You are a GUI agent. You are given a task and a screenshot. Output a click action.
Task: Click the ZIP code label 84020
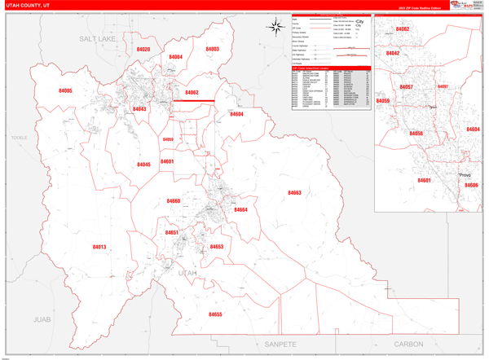click(x=143, y=50)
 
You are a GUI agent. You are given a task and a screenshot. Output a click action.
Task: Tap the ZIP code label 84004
click(x=176, y=57)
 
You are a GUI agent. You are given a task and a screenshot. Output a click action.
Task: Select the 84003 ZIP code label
click(x=212, y=50)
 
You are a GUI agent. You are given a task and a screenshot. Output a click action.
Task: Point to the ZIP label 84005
click(x=65, y=91)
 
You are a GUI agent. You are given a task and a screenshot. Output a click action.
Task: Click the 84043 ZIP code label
click(x=139, y=108)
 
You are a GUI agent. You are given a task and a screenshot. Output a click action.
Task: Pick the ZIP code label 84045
click(x=143, y=165)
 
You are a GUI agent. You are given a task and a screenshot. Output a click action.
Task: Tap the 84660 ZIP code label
click(x=174, y=201)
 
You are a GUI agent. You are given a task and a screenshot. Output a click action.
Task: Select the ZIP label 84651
click(x=172, y=233)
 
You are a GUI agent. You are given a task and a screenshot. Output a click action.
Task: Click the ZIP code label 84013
click(x=99, y=247)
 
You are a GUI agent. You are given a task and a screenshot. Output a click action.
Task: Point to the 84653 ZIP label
click(x=216, y=247)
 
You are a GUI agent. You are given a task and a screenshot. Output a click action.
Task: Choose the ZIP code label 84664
click(x=240, y=210)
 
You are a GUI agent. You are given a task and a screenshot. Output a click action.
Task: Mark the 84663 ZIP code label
click(x=294, y=193)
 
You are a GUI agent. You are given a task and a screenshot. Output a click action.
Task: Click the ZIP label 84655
click(x=215, y=314)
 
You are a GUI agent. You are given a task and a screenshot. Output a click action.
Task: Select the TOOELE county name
click(x=19, y=138)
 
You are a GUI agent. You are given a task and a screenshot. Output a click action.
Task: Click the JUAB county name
click(x=42, y=319)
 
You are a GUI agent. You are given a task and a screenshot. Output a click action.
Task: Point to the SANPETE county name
click(x=280, y=345)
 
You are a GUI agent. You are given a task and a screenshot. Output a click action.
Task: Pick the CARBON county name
click(x=408, y=345)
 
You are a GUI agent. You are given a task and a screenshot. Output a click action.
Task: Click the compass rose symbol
click(x=275, y=27)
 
